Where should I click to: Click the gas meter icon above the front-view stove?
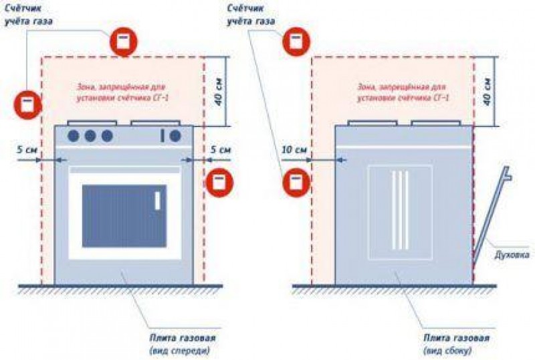(122, 41)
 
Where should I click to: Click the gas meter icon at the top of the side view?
(295, 41)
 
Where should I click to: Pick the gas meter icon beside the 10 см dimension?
(296, 183)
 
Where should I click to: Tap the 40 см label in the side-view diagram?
(488, 92)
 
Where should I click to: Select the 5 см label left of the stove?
(27, 149)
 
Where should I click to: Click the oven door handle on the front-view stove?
(157, 201)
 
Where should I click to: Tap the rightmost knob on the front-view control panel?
(175, 136)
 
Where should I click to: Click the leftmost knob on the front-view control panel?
(74, 136)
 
